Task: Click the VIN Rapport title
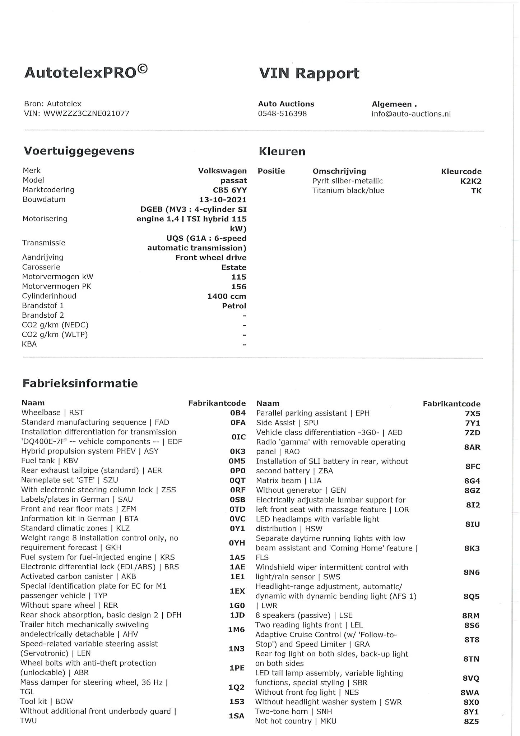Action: pos(309,73)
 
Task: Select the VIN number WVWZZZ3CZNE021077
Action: pos(86,114)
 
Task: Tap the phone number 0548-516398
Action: pos(282,114)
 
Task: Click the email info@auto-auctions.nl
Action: pos(411,114)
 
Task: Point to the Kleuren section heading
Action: pos(282,152)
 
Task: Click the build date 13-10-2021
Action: pos(223,200)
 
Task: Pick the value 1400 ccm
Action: pos(227,296)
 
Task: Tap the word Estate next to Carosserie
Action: pos(234,267)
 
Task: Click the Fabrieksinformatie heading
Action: pos(80,383)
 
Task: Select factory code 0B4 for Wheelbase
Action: pos(238,413)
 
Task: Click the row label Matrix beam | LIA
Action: pos(288,481)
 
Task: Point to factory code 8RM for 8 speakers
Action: pos(471,616)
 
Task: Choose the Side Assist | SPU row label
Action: pos(287,423)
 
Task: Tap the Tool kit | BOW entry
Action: pos(46,701)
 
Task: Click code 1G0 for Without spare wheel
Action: pos(237,606)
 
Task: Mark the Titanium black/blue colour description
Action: pos(348,191)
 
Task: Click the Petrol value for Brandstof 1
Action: pos(234,306)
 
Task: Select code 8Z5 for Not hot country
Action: pos(471,721)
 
